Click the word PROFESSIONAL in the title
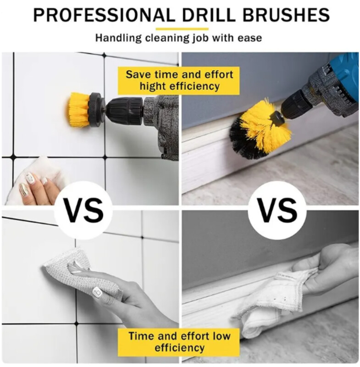[x=104, y=15]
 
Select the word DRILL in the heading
[x=209, y=15]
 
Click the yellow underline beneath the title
[x=182, y=29]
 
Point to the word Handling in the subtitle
[x=118, y=38]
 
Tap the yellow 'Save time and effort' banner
[x=179, y=81]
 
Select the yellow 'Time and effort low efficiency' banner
[x=179, y=342]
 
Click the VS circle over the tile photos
[x=83, y=210]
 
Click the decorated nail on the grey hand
[x=97, y=292]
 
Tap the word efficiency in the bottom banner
[x=179, y=348]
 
